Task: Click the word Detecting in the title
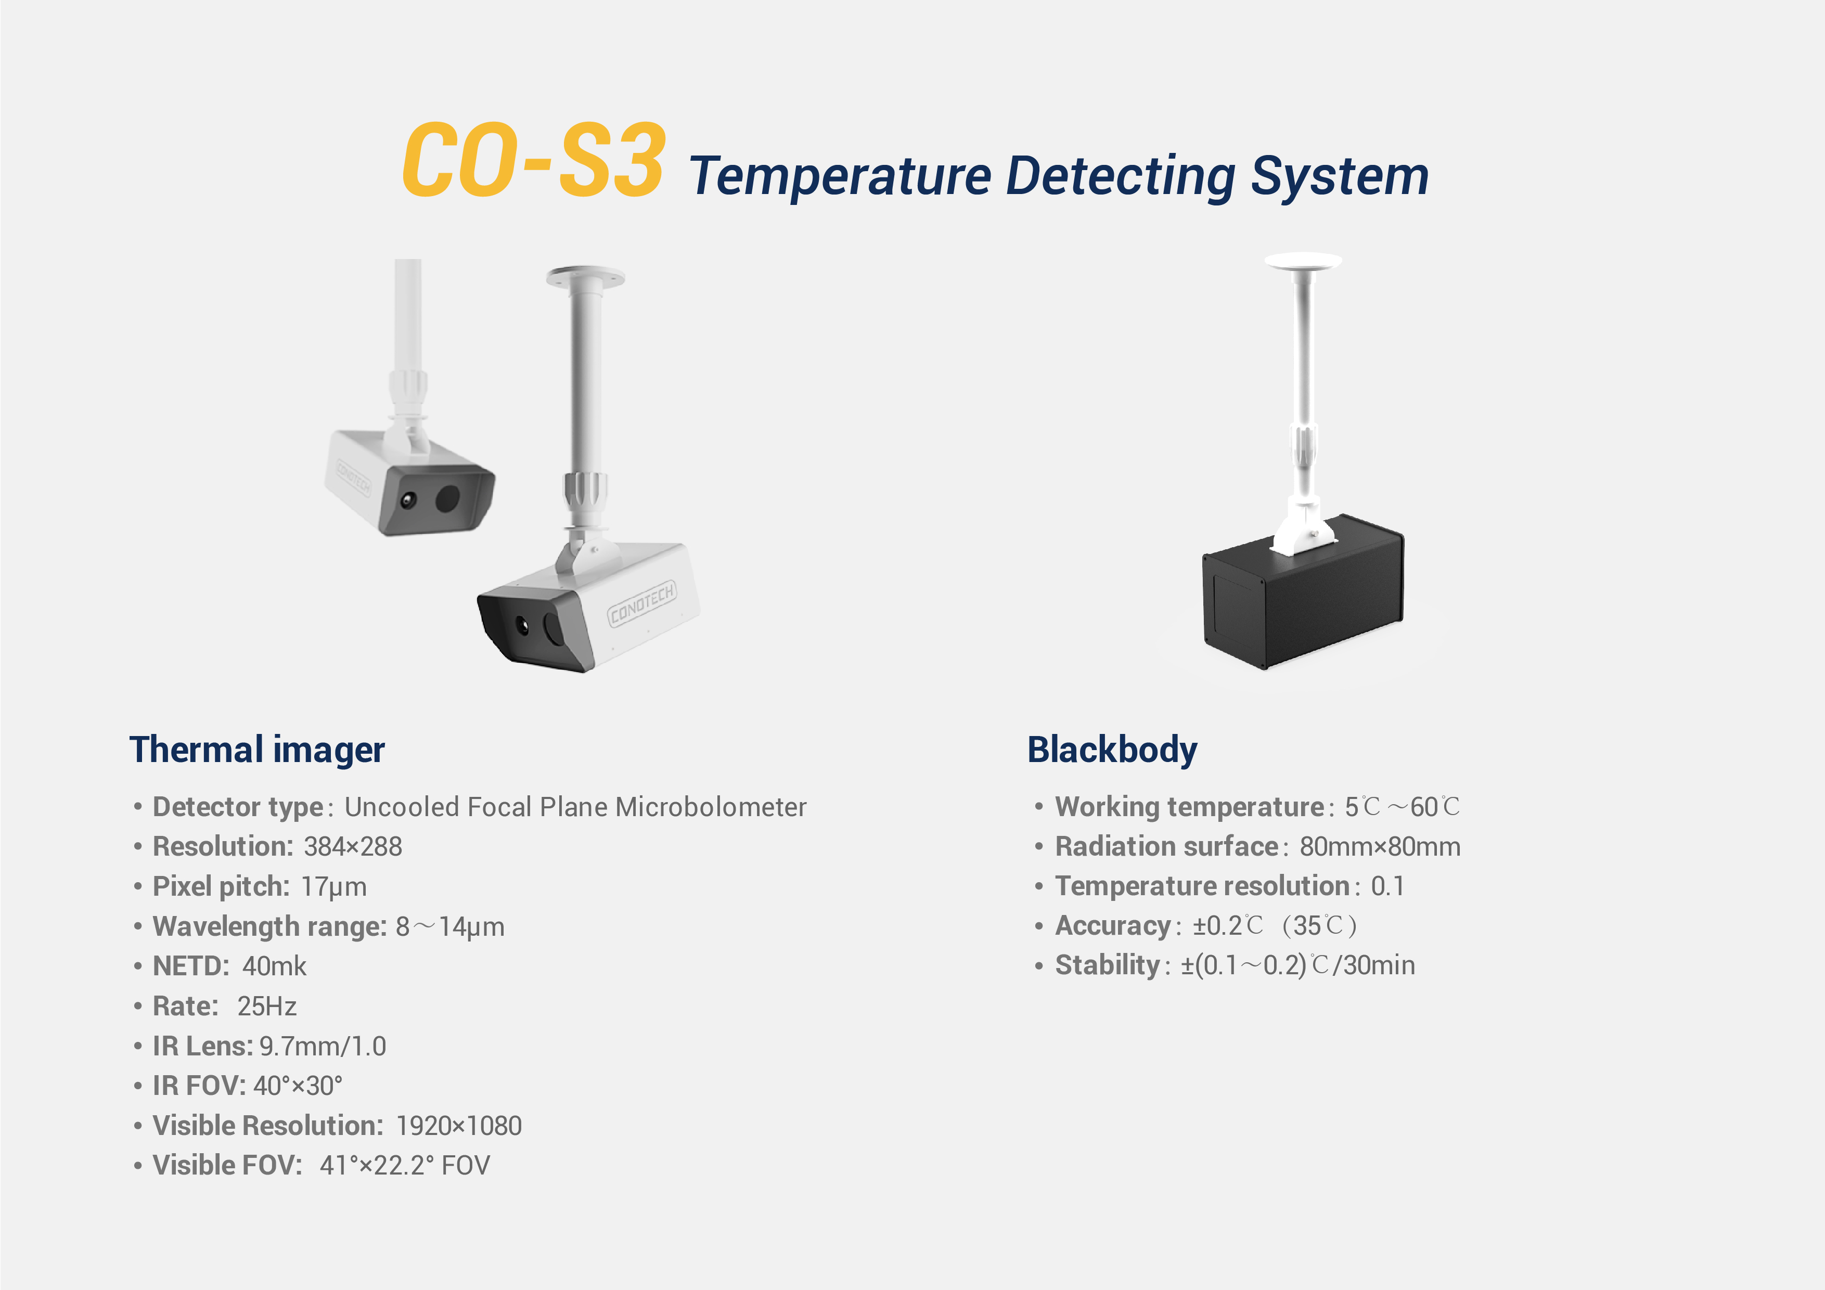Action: [1121, 176]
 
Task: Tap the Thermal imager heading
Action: [257, 750]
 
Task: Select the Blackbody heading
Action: [1112, 750]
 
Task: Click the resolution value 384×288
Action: [353, 846]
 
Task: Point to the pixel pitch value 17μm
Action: [334, 886]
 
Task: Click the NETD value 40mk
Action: [274, 966]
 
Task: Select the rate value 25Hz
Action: [267, 1006]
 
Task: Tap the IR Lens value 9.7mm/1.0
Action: [323, 1046]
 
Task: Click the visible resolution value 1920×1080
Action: [459, 1126]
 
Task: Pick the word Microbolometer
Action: [711, 807]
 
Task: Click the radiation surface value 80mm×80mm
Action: [1380, 846]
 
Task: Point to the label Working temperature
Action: [1189, 807]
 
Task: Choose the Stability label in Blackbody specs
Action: [1107, 965]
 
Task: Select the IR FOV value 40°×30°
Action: [298, 1086]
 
